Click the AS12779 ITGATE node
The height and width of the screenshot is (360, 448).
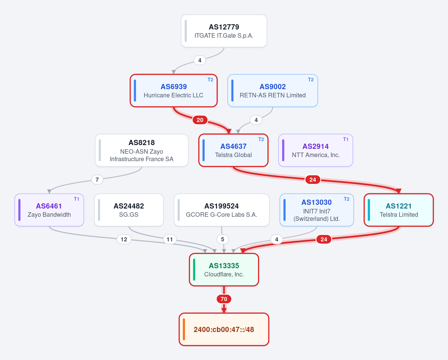(x=224, y=31)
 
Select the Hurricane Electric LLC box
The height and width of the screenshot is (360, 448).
(x=174, y=91)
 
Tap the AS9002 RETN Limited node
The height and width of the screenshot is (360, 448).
(x=273, y=91)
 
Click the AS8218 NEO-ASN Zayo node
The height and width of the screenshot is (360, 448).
(x=142, y=150)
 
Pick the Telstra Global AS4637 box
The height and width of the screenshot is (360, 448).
(x=233, y=150)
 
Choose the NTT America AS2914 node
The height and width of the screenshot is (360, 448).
(x=315, y=150)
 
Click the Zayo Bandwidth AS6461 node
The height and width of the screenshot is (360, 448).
(x=49, y=210)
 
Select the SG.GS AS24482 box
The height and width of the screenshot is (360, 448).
(x=129, y=210)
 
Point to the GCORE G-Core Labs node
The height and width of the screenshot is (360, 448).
(x=221, y=210)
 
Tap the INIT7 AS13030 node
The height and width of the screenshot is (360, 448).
(x=317, y=210)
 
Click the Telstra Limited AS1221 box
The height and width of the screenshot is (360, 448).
(x=399, y=210)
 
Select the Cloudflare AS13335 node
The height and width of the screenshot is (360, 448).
(x=224, y=270)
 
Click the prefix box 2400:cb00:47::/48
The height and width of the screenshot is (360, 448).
(x=224, y=329)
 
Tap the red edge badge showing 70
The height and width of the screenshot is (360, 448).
(x=224, y=299)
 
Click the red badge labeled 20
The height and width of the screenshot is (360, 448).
(x=200, y=120)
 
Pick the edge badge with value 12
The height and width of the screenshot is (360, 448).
(x=124, y=239)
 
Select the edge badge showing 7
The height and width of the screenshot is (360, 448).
(x=97, y=179)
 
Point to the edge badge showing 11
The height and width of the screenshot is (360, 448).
(x=169, y=239)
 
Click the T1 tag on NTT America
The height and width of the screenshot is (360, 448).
(x=346, y=140)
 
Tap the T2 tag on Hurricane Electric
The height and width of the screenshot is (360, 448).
(x=210, y=80)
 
